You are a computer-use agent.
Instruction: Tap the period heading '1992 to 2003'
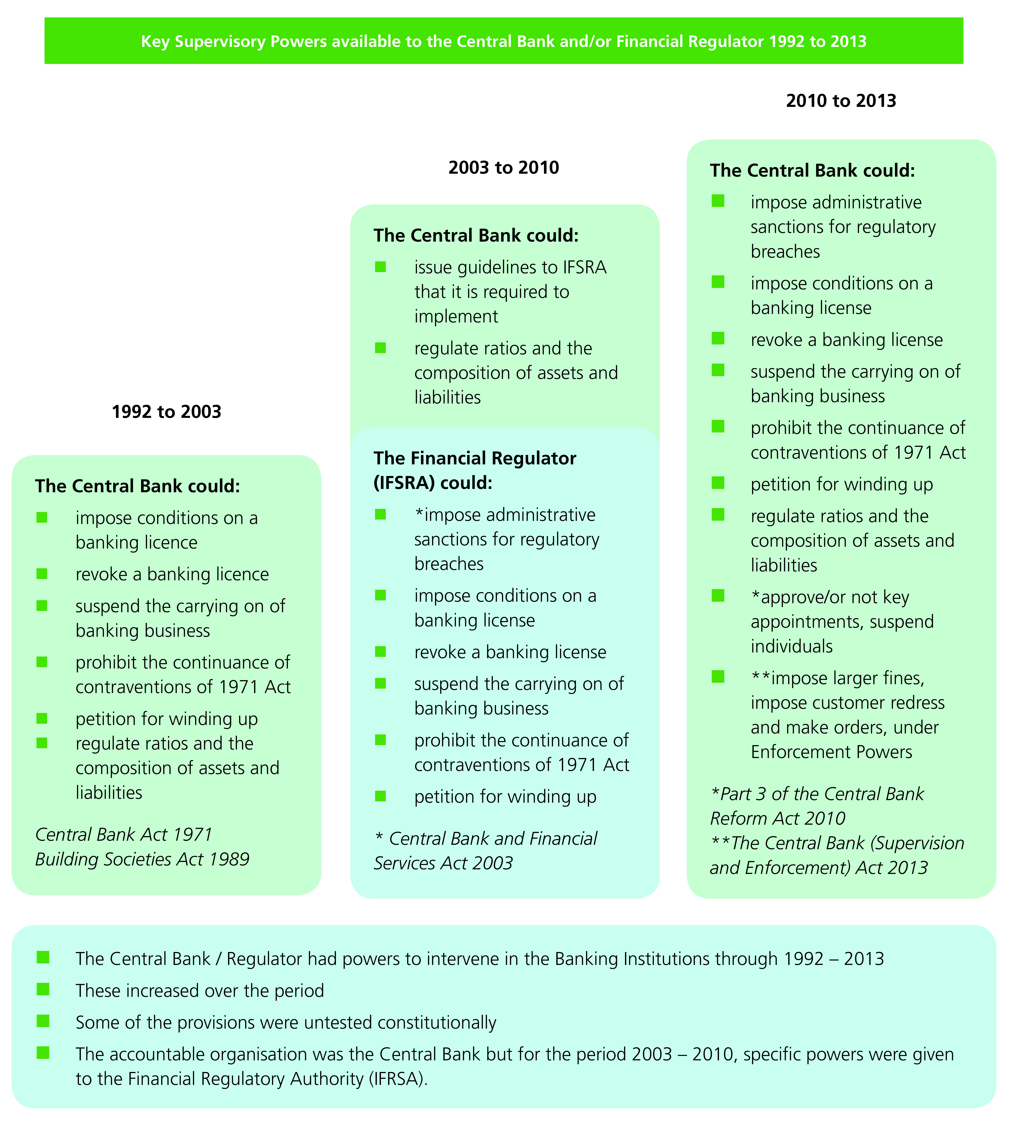[x=166, y=412]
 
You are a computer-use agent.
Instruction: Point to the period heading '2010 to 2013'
[x=841, y=101]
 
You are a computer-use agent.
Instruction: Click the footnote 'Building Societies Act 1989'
[x=142, y=859]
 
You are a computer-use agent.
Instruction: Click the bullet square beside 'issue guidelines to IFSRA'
[x=380, y=267]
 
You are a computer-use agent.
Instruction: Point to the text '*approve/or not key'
[x=830, y=597]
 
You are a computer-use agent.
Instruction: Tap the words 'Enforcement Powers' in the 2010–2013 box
[x=831, y=752]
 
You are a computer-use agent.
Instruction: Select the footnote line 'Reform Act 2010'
[x=777, y=818]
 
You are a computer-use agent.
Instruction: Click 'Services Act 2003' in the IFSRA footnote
[x=443, y=863]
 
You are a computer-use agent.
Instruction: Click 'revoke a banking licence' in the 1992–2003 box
[x=172, y=574]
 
